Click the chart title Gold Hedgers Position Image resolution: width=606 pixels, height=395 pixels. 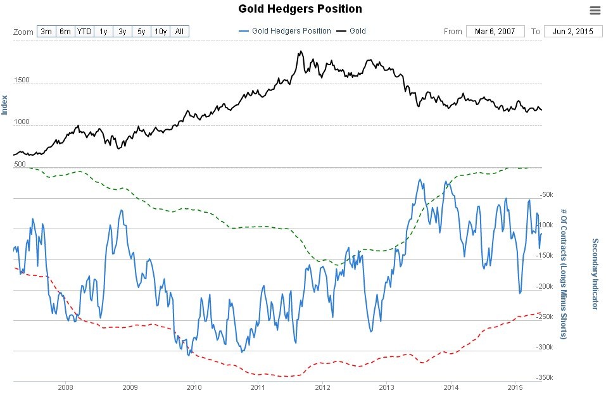300,9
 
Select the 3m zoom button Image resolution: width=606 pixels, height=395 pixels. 46,31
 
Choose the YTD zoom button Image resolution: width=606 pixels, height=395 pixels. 84,31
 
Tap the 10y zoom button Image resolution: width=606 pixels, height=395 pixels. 161,31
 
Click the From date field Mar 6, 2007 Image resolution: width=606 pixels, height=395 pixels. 495,31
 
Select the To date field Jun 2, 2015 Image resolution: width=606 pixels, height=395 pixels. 572,31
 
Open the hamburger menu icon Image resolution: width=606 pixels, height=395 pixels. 594,9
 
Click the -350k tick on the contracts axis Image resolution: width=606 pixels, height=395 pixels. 545,378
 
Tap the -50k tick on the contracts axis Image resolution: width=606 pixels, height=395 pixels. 545,194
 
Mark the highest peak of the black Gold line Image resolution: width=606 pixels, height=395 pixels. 300,51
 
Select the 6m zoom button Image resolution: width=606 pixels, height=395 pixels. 65,31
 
